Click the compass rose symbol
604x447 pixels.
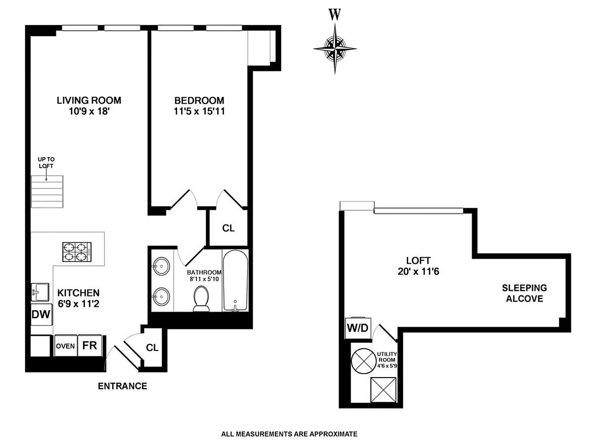pos(335,49)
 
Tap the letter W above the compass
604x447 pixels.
pos(335,15)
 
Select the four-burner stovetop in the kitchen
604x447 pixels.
pos(77,252)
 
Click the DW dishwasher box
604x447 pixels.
pos(41,314)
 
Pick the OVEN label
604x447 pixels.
pos(65,346)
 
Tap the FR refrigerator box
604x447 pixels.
pos(90,345)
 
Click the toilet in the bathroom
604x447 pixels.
pos(201,299)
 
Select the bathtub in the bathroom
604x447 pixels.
pos(235,280)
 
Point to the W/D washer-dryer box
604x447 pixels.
pos(357,328)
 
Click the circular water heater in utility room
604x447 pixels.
pos(363,361)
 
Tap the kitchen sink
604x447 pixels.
pos(40,292)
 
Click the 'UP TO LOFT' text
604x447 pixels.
pos(46,163)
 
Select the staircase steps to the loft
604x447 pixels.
pos(47,192)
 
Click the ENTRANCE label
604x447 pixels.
pos(122,386)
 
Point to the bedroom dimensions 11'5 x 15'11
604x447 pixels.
pos(199,111)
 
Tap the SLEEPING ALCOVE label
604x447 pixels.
pos(524,293)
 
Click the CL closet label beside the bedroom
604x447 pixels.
pos(228,228)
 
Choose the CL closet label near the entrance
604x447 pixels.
pos(152,347)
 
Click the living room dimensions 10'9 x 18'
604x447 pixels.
pos(89,111)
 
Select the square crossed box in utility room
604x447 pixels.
pos(384,390)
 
